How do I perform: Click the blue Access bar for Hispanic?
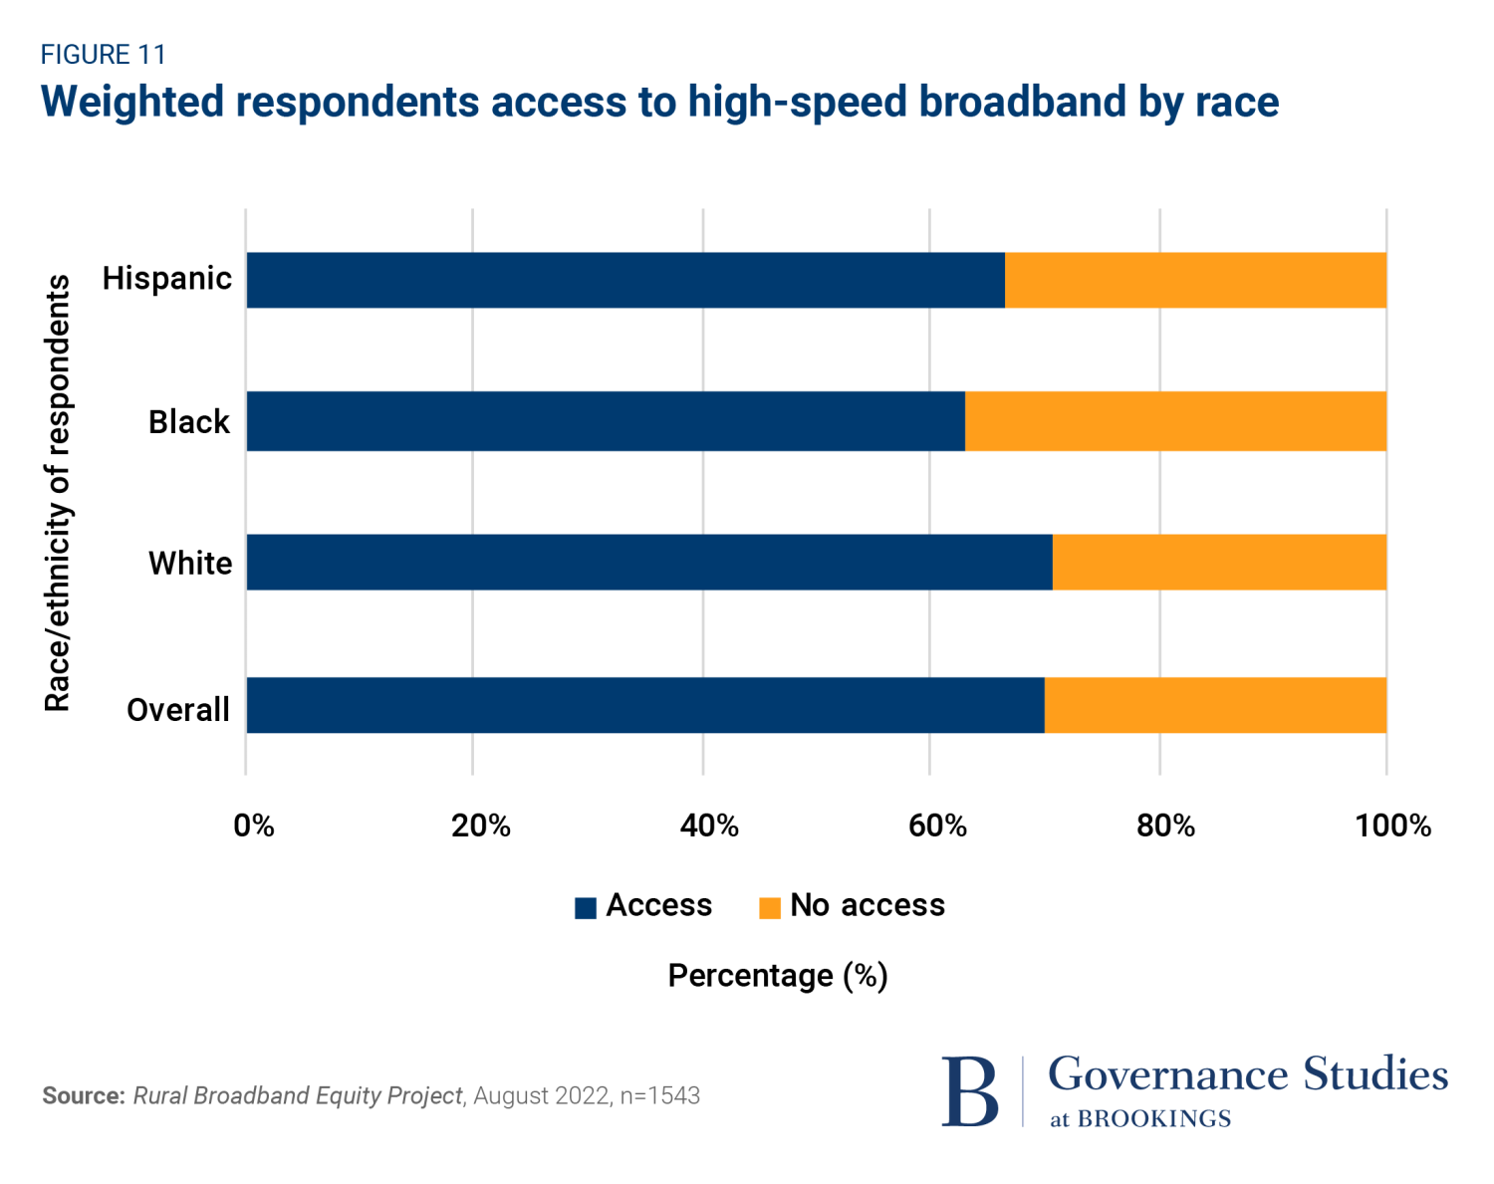pyautogui.click(x=625, y=280)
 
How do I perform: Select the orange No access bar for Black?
pyautogui.click(x=1175, y=421)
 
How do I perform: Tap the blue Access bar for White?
pyautogui.click(x=649, y=563)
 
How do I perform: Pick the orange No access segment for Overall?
pyautogui.click(x=1215, y=705)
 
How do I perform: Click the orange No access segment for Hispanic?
pyautogui.click(x=1195, y=280)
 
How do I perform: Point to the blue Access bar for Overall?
pyautogui.click(x=645, y=705)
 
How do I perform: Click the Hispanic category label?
pyautogui.click(x=167, y=278)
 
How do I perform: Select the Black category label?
pyautogui.click(x=189, y=422)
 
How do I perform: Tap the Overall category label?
pyautogui.click(x=178, y=710)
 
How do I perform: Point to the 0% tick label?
pyautogui.click(x=254, y=826)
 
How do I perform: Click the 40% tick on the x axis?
pyautogui.click(x=709, y=826)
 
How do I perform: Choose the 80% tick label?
pyautogui.click(x=1165, y=826)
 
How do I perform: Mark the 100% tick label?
pyautogui.click(x=1392, y=826)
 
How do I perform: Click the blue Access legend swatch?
pyautogui.click(x=586, y=907)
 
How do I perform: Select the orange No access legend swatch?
pyautogui.click(x=769, y=907)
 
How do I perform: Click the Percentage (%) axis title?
pyautogui.click(x=778, y=976)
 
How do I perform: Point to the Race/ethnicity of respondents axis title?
pyautogui.click(x=58, y=493)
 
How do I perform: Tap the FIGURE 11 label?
pyautogui.click(x=103, y=54)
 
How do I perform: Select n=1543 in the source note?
pyautogui.click(x=659, y=1095)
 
